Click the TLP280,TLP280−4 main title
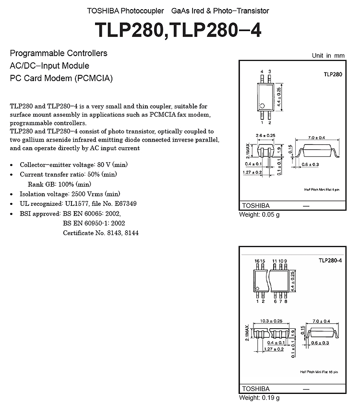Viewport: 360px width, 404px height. (x=178, y=30)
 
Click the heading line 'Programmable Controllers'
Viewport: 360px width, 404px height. (x=59, y=53)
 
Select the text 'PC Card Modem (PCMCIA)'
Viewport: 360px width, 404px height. (x=61, y=78)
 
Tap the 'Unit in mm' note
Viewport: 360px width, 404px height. (x=328, y=56)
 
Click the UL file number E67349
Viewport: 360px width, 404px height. (x=125, y=203)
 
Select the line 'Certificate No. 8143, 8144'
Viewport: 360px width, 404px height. (x=101, y=233)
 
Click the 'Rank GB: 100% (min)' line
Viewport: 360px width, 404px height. (x=60, y=184)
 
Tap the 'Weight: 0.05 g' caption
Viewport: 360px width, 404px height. (x=259, y=214)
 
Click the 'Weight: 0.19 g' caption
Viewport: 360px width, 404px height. (x=259, y=398)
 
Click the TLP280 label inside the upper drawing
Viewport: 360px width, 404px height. (x=333, y=74)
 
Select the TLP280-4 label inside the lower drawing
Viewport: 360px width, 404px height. (x=330, y=261)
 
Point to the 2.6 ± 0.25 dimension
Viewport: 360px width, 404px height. (x=265, y=135)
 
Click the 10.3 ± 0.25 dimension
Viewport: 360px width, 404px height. (x=271, y=321)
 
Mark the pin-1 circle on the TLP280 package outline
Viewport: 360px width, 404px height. (x=263, y=106)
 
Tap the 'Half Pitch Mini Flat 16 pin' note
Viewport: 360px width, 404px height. (x=319, y=372)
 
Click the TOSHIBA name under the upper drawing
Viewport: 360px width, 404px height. (x=256, y=206)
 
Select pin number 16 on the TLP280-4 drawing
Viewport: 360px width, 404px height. (x=257, y=261)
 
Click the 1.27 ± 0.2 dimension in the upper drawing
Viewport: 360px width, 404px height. (x=252, y=172)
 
